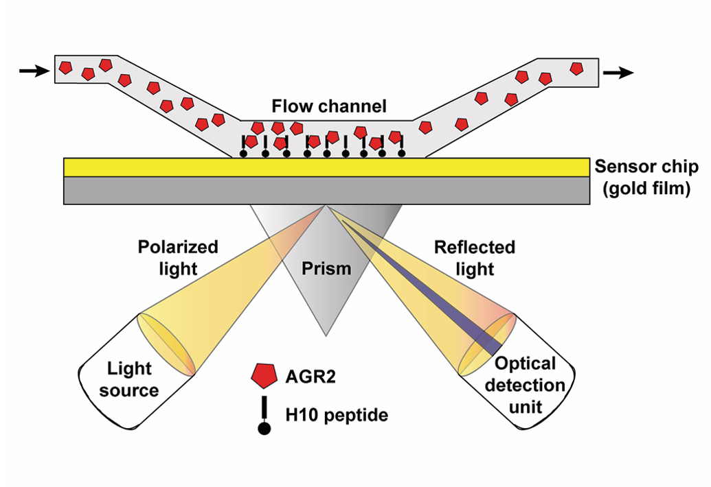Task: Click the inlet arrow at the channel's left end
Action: (x=32, y=70)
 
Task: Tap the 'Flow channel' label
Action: (x=329, y=106)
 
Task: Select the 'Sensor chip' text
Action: (x=646, y=166)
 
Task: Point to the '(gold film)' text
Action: (x=646, y=187)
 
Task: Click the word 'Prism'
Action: (x=327, y=268)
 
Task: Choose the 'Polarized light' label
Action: (x=178, y=257)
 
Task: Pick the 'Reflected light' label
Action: (x=474, y=257)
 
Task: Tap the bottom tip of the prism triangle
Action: (x=326, y=335)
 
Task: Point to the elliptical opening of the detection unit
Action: (x=486, y=346)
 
